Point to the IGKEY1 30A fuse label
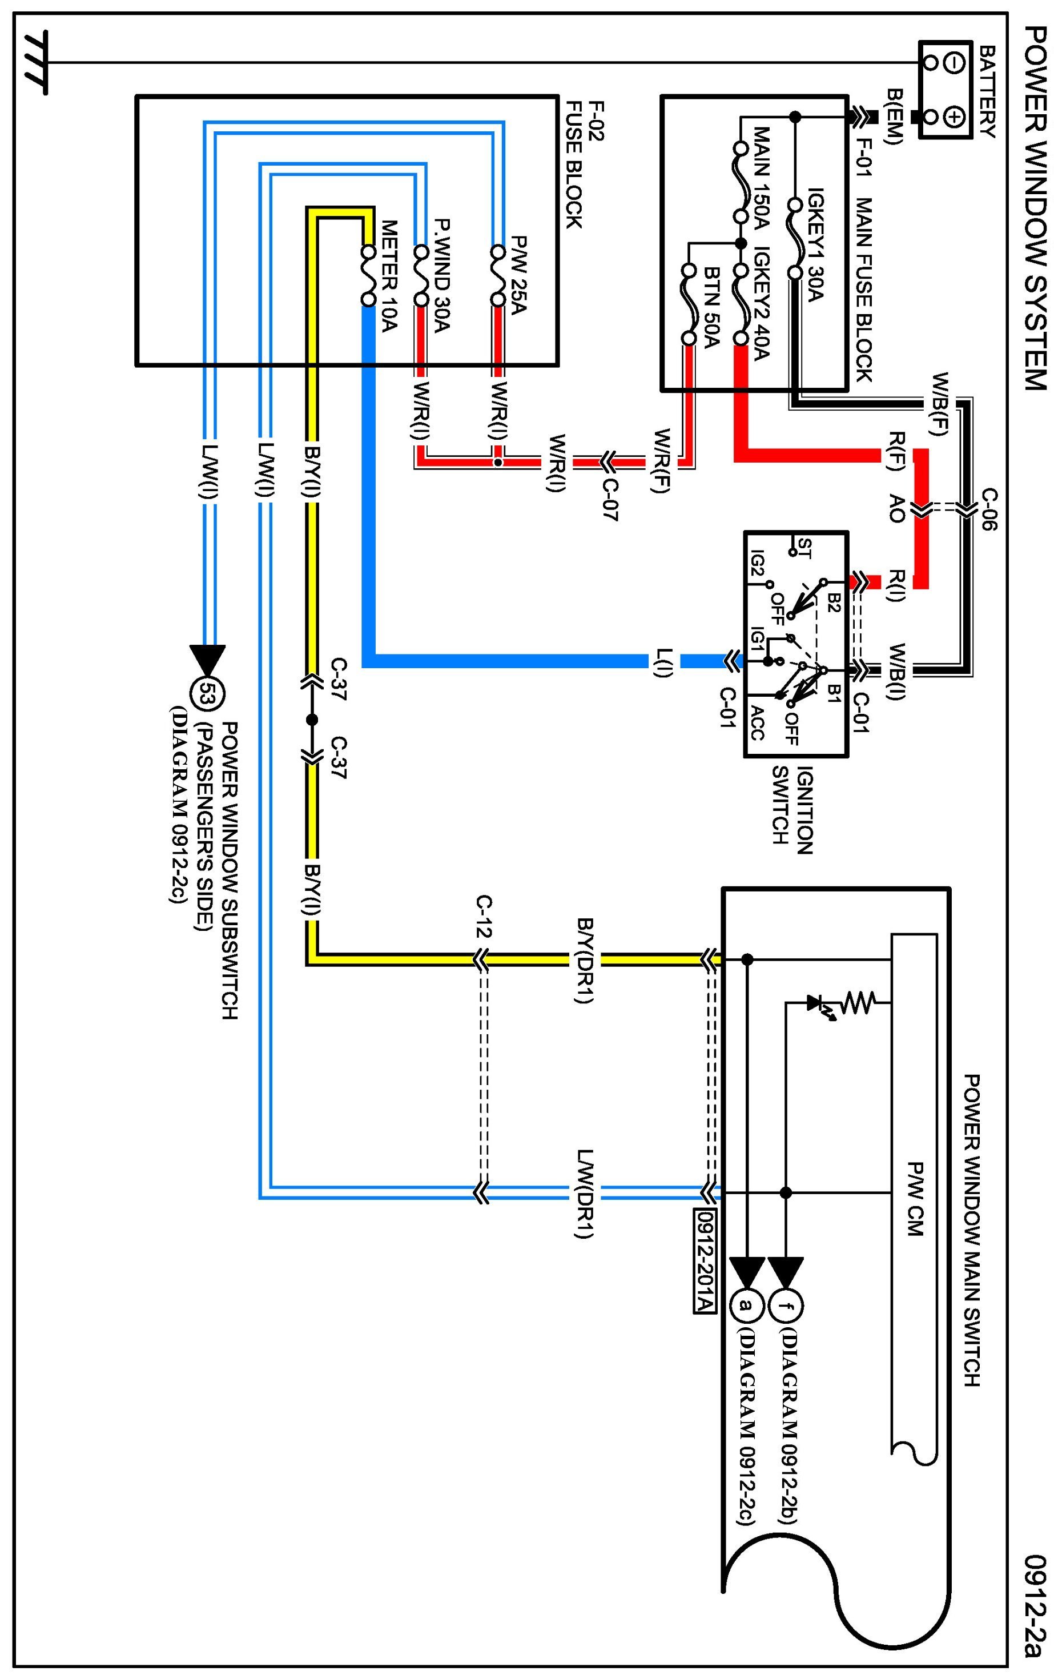(815, 244)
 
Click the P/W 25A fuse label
(518, 275)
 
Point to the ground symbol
(35, 63)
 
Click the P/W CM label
(915, 1199)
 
